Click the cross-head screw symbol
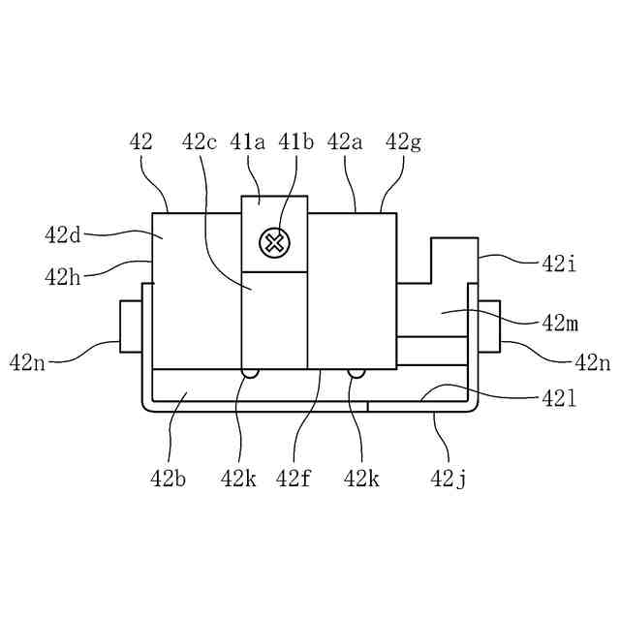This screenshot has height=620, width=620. [274, 243]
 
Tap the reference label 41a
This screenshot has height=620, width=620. [248, 142]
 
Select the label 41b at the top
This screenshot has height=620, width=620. [295, 142]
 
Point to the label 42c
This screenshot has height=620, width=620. [200, 142]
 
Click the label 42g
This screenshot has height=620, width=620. [403, 143]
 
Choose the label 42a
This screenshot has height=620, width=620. [345, 142]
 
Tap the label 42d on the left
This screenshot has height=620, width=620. [62, 235]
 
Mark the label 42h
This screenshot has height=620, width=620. [62, 277]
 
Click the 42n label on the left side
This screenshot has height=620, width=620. [27, 361]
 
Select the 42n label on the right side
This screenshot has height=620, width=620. [592, 361]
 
